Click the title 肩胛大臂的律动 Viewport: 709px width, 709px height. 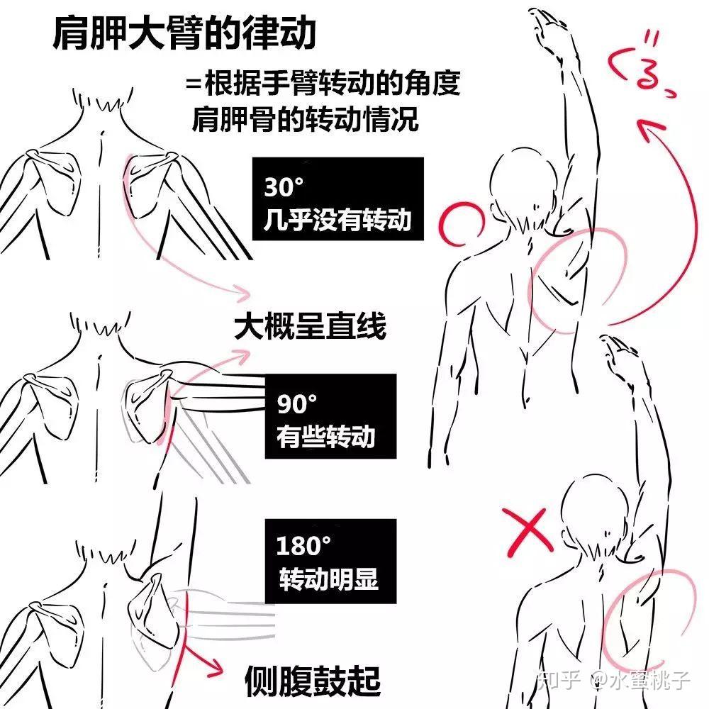[x=184, y=33]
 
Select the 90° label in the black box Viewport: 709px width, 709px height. [x=296, y=404]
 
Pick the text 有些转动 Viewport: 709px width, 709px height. [x=325, y=436]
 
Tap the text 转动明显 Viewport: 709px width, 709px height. [x=328, y=579]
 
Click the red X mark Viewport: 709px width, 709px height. [x=527, y=532]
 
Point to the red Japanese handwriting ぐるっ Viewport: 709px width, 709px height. [x=641, y=65]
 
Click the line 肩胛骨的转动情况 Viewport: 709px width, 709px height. [x=305, y=119]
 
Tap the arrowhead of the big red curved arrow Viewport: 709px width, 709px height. [x=649, y=130]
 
